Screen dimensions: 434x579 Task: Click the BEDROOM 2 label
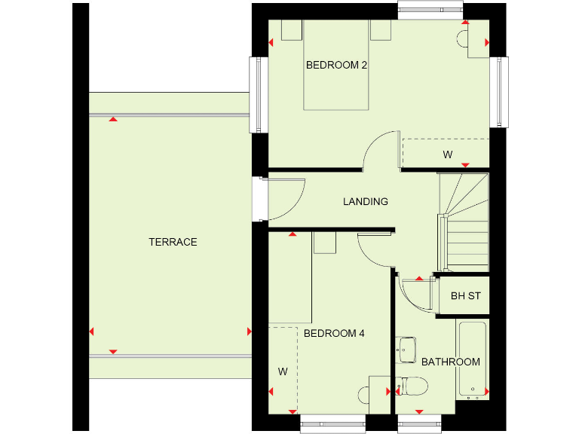[x=336, y=66]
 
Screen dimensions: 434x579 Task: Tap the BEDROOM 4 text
[x=334, y=333]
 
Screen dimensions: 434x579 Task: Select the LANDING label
[x=366, y=202]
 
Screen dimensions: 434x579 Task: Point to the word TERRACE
[x=173, y=242]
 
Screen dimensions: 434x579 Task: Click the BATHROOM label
[x=450, y=362]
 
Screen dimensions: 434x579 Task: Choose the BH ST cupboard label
[x=465, y=296]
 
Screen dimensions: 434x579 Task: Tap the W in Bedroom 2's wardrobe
[x=447, y=155]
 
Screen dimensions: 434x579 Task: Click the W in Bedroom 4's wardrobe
[x=283, y=371]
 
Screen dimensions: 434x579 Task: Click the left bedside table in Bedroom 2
[x=291, y=30]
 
